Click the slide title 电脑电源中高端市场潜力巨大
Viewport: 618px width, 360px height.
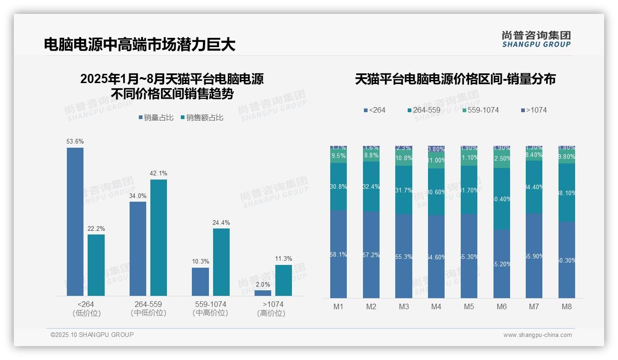tap(140, 44)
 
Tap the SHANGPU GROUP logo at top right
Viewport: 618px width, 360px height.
tap(536, 39)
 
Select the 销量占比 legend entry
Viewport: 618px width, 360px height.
tap(156, 118)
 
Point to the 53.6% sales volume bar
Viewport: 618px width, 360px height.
tap(75, 222)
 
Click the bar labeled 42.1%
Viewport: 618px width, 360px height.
tap(159, 237)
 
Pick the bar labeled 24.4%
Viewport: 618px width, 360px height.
tap(221, 262)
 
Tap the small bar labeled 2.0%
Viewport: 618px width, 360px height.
tap(263, 293)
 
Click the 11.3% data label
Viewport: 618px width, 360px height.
tap(284, 258)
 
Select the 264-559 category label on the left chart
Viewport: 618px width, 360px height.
tap(148, 305)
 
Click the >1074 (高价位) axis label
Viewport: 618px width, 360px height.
tap(273, 309)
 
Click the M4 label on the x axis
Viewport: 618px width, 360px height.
tap(436, 306)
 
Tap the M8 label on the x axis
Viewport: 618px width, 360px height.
tap(567, 306)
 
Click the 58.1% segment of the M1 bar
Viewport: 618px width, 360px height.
tap(339, 254)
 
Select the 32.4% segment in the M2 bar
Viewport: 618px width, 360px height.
tap(371, 186)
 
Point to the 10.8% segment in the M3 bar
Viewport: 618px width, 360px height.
tap(404, 157)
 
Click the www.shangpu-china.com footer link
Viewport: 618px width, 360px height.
tap(537, 335)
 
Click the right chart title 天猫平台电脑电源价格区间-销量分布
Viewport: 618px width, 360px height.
tap(455, 79)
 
